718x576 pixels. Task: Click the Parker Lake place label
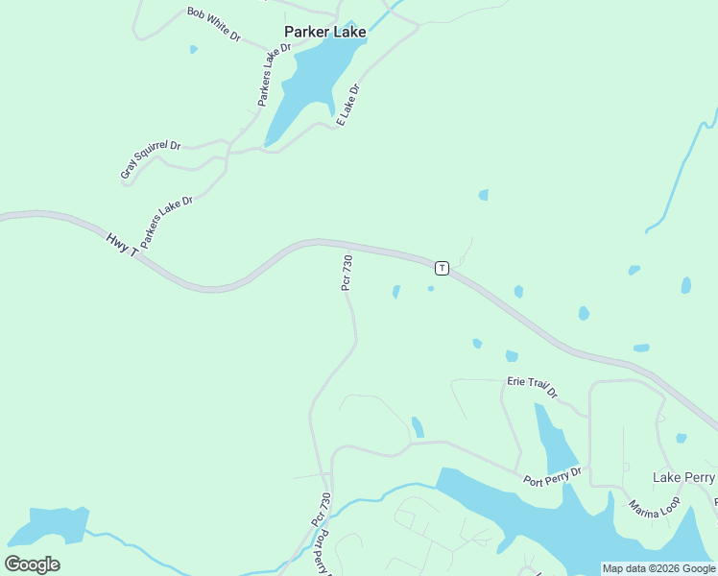324,32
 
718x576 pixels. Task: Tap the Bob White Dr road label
213,23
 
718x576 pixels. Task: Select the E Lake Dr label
348,106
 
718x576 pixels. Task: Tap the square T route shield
441,267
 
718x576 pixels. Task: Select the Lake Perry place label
683,477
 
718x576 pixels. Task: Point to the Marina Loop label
655,508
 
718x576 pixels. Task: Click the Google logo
32,564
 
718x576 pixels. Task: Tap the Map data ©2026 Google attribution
658,568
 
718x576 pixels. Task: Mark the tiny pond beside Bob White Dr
194,49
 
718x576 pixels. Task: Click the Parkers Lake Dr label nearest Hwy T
167,223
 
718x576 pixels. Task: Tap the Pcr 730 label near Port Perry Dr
321,509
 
